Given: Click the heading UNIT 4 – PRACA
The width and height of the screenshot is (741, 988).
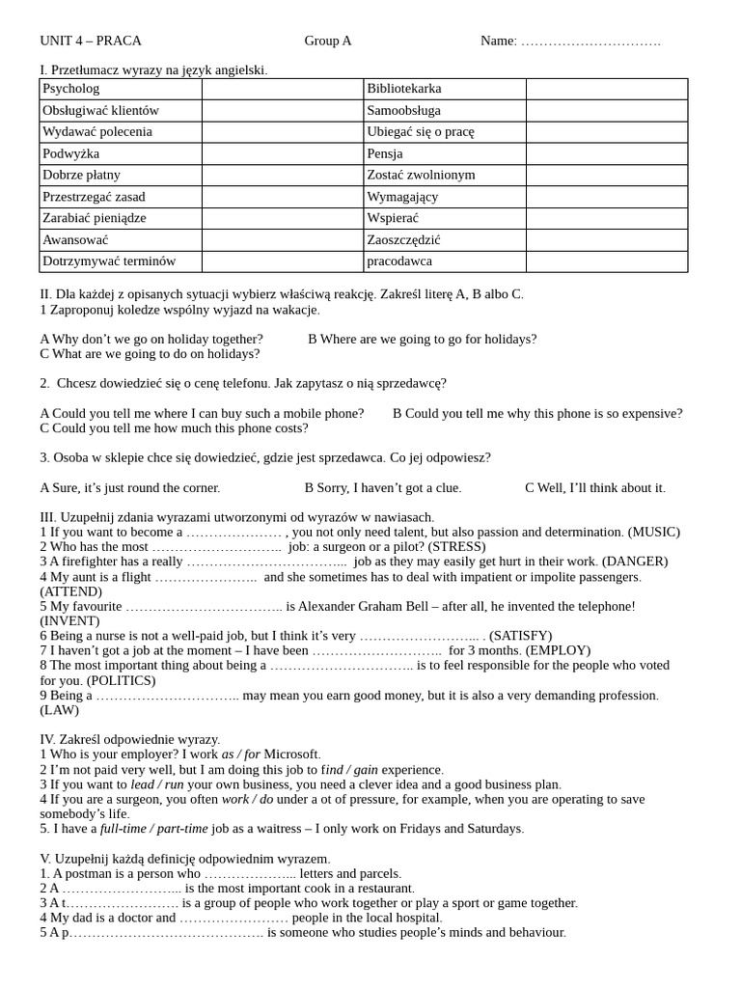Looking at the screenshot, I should (91, 41).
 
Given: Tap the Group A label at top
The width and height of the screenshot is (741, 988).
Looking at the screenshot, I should (328, 41).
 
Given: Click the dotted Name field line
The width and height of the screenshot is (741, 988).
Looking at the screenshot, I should (590, 41).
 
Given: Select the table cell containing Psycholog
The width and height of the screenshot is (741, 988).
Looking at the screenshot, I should (121, 89).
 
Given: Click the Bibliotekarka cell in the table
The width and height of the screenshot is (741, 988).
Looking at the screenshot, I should (445, 89).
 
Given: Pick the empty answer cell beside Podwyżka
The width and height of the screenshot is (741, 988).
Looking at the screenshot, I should (283, 153).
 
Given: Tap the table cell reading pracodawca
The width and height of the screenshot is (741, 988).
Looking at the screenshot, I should (445, 261).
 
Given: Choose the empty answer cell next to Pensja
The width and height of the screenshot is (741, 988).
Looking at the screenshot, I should (607, 153).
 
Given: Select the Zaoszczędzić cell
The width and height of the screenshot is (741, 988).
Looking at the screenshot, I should (445, 239).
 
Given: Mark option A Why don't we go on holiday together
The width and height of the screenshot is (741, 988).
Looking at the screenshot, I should (151, 339).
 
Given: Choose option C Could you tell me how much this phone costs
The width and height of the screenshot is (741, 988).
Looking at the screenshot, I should (174, 427).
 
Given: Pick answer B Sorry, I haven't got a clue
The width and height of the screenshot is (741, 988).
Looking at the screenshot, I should (383, 487).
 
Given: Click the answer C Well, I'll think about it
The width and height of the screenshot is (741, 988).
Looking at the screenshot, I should (595, 487).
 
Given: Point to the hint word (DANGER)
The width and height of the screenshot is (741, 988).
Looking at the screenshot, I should (635, 561).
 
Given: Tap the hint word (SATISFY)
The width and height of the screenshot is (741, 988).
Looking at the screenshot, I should (521, 635).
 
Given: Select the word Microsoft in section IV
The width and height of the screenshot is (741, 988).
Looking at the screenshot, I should (291, 754).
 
